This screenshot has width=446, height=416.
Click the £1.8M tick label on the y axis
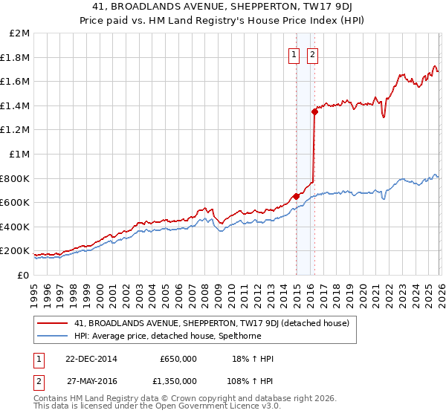click(16, 57)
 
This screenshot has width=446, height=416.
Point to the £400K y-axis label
click(15, 227)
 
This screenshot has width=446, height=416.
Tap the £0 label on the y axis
click(22, 275)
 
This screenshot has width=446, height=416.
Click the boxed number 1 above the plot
click(294, 54)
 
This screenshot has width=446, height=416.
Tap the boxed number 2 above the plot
click(311, 54)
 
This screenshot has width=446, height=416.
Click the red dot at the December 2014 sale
click(296, 196)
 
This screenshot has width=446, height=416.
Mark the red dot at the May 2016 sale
click(314, 111)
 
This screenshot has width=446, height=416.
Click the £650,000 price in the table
click(178, 359)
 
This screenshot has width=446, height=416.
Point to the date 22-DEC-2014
click(85, 359)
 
